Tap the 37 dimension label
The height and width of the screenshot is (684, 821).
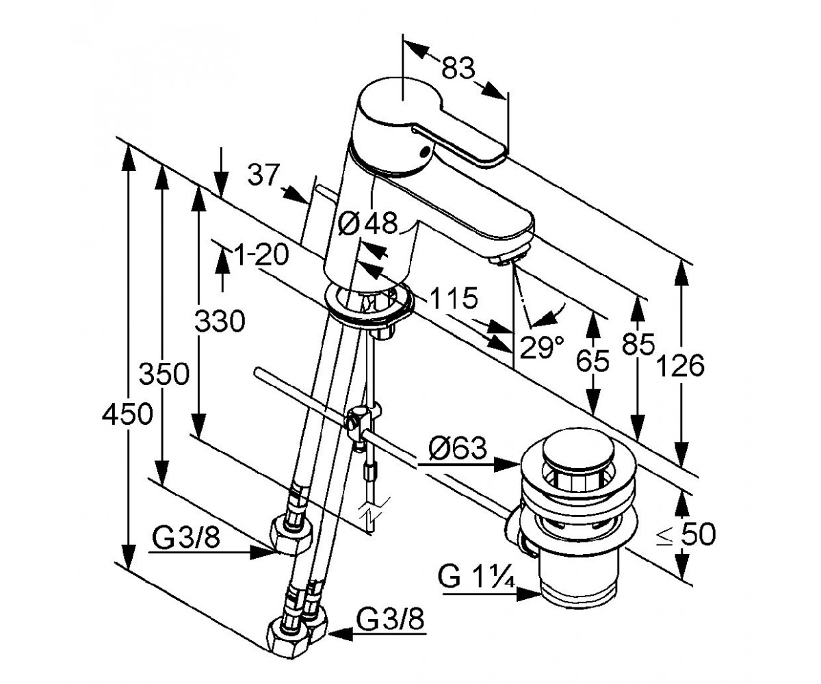pos(263,175)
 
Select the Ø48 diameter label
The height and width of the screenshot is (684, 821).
pos(367,222)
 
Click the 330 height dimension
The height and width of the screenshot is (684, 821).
pos(220,321)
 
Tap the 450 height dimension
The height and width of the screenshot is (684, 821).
pos(127,414)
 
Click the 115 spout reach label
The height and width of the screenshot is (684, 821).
pos(453,298)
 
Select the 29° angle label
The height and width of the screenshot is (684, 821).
pos(542,347)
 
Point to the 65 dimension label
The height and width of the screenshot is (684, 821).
pos(592,360)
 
